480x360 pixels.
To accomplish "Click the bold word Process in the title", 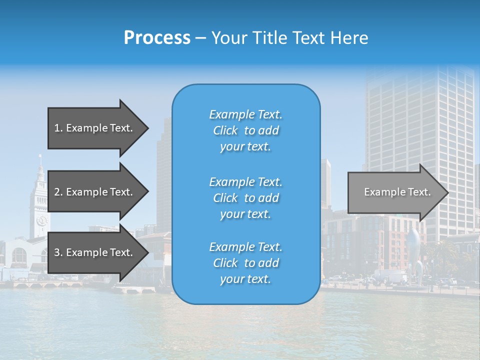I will tap(157, 38).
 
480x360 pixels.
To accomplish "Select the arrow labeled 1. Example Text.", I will tap(95, 128).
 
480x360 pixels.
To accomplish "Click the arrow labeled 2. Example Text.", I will tap(95, 192).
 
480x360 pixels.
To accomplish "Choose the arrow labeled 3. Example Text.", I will tap(95, 252).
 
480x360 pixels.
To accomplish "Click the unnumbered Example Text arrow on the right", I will tap(395, 192).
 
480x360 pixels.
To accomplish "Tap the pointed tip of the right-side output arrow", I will tap(447, 192).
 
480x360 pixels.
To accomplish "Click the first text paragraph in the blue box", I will tap(245, 130).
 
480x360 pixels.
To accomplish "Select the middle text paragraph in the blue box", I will tap(245, 198).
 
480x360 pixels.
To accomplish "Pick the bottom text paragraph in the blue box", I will tap(245, 263).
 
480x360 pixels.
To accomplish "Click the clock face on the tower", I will tap(41, 220).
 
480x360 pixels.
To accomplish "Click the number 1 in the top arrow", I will tap(57, 128).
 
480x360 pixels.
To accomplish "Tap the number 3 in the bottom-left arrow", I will tap(57, 252).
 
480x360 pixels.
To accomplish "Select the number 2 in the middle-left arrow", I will tap(57, 192).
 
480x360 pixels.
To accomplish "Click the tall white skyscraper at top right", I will tap(420, 125).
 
